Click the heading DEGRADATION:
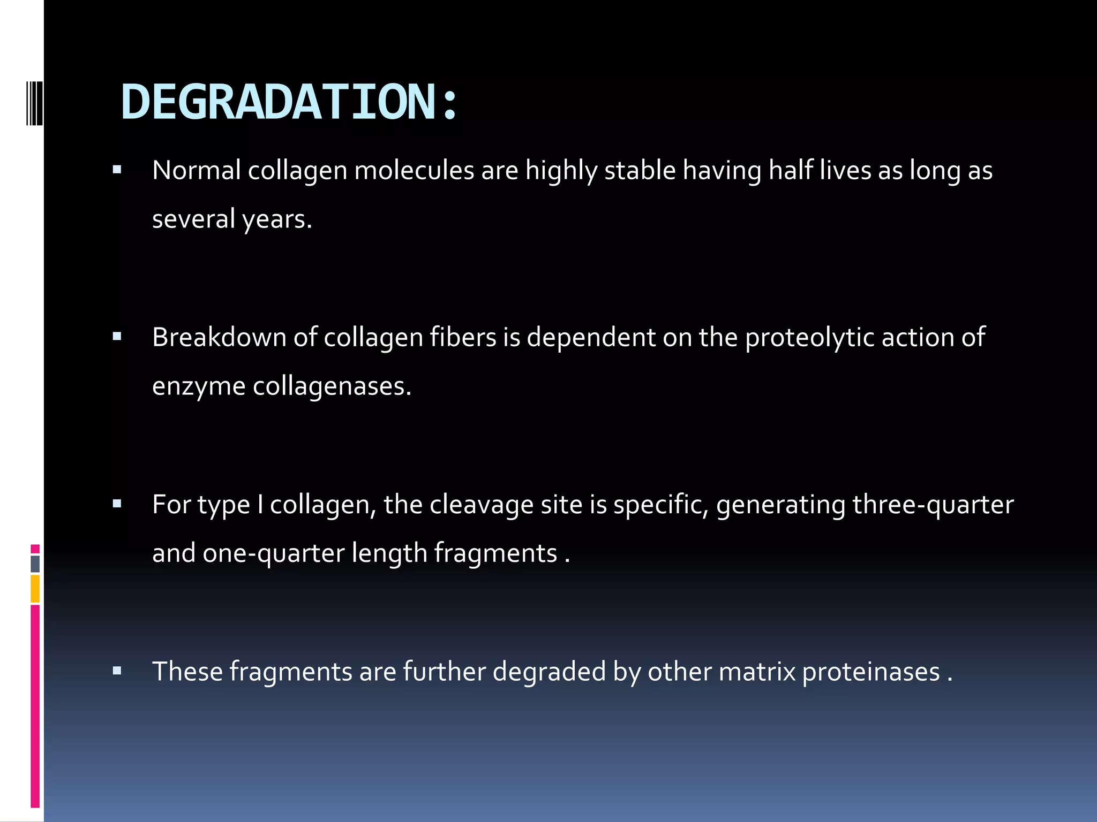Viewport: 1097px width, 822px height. pyautogui.click(x=289, y=102)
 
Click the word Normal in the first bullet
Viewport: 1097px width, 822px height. pyautogui.click(x=196, y=171)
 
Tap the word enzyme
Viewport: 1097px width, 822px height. pyautogui.click(x=198, y=386)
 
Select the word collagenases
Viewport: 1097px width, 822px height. pyautogui.click(x=332, y=386)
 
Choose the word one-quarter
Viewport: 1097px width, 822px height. pyautogui.click(x=273, y=553)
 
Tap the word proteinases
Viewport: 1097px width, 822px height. pyautogui.click(x=870, y=672)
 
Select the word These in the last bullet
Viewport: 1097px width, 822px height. pyautogui.click(x=187, y=672)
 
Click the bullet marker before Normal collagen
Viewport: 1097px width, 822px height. pyautogui.click(x=117, y=171)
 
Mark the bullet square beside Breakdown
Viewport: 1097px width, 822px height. pyautogui.click(x=117, y=337)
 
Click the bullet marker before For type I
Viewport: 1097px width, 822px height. pyautogui.click(x=117, y=504)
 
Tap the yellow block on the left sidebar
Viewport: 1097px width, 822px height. pyautogui.click(x=35, y=589)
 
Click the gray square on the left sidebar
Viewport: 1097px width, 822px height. pyautogui.click(x=35, y=564)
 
